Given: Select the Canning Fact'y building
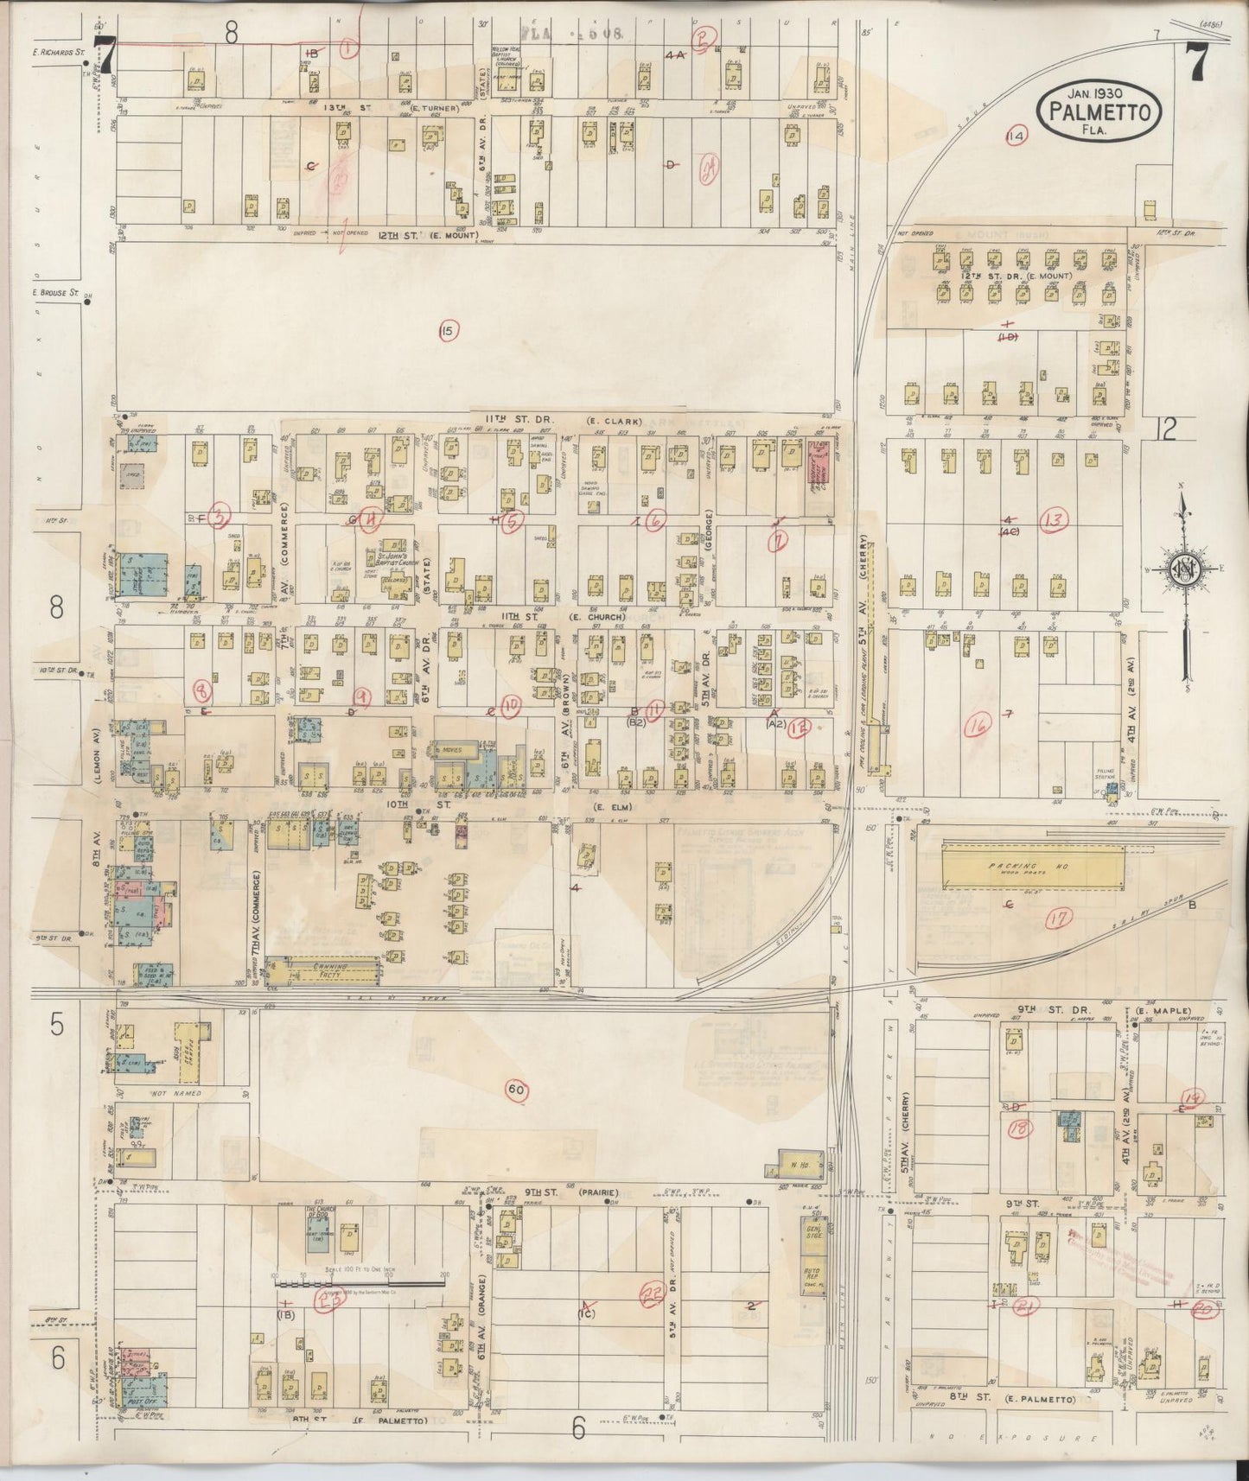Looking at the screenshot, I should tap(324, 970).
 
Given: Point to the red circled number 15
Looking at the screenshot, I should tap(447, 330).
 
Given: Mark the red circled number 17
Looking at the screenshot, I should tap(1055, 920).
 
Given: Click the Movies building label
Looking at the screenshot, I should tap(451, 751).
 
